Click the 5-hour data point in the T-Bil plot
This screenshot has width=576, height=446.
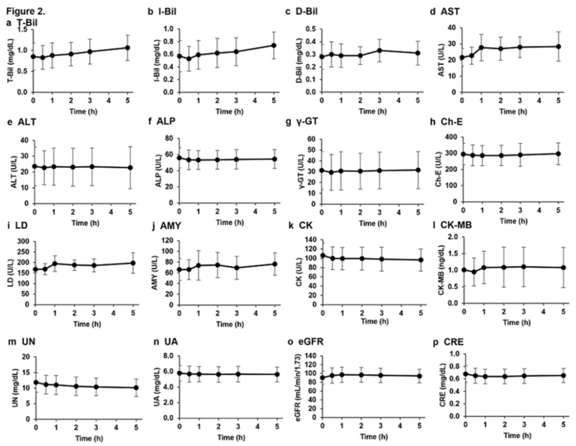[127, 47]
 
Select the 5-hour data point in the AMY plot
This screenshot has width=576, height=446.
[274, 264]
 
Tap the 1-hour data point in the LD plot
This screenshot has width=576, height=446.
[54, 264]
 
